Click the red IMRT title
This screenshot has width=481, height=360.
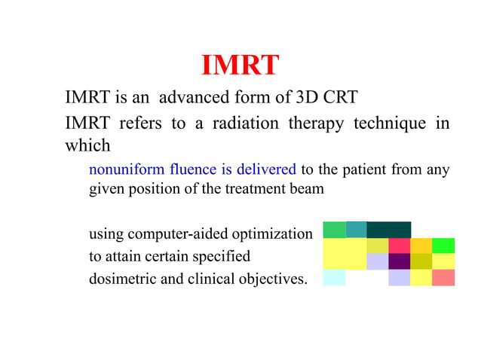point(240,66)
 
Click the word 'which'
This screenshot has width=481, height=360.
point(87,145)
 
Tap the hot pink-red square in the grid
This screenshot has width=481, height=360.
point(400,246)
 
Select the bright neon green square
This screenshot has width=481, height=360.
point(443,246)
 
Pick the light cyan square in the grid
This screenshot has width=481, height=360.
point(334,278)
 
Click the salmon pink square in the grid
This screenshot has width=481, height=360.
point(443,278)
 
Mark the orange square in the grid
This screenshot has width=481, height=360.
point(421,246)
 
